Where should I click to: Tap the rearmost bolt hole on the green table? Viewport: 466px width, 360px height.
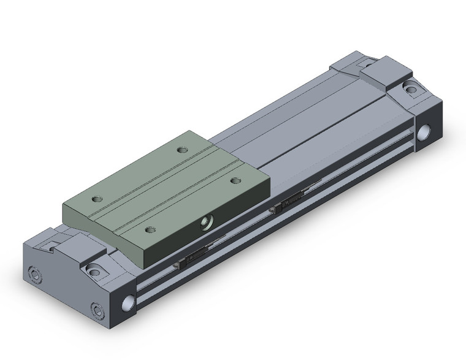click(181, 149)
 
